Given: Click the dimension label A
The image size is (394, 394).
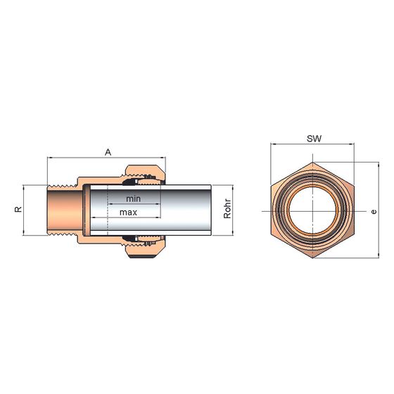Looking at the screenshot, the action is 108,152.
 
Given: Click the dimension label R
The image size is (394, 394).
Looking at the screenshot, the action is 18,210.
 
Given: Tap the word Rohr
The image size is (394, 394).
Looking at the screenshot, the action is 227,209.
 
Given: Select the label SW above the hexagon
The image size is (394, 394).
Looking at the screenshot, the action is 314,139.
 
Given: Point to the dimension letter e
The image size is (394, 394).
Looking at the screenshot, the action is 374,212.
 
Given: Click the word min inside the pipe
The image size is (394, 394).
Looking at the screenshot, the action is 133,198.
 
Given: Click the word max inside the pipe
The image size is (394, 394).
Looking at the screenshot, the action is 128,212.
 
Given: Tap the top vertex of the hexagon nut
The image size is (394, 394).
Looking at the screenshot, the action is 312,163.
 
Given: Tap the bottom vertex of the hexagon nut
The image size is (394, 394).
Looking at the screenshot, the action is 312,258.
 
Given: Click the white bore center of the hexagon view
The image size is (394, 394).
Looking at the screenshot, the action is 312,210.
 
